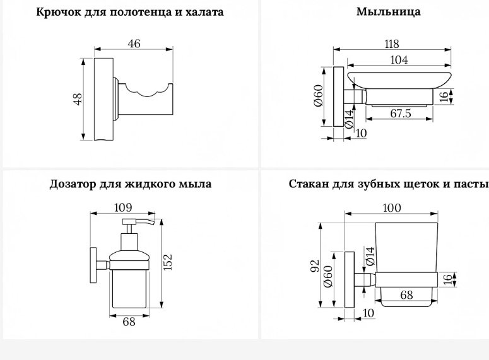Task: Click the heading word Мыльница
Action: (388, 12)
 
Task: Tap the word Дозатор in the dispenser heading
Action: (73, 184)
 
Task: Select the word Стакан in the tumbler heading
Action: (308, 184)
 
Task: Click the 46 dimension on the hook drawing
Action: (134, 44)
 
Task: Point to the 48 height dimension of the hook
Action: (78, 99)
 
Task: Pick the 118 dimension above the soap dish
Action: (392, 44)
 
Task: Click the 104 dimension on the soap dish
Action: (399, 59)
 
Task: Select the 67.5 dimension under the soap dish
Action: (401, 113)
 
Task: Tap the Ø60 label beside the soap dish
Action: (319, 95)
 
